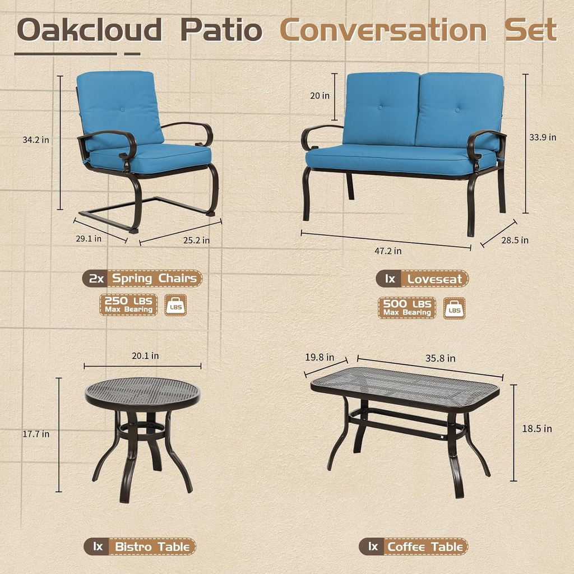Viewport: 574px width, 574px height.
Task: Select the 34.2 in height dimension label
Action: pos(36,140)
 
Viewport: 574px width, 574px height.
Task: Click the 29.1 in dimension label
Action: pos(88,238)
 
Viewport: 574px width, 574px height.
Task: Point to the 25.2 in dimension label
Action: pos(197,240)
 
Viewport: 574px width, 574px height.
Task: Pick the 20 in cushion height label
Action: pos(320,95)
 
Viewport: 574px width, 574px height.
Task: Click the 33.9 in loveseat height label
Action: pos(543,137)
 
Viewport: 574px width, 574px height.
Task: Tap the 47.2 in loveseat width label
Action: pos(388,251)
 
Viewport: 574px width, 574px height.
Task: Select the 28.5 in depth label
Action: pos(515,240)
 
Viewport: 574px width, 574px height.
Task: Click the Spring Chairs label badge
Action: pos(142,278)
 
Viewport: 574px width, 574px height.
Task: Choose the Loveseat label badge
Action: pos(423,279)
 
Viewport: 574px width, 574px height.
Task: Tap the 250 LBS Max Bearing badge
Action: pos(128,305)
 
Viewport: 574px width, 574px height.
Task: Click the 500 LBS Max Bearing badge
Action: pos(406,308)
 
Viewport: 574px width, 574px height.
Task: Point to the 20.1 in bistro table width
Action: pos(145,355)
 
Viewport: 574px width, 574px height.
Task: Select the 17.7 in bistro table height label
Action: pos(36,434)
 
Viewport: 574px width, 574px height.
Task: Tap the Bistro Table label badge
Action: pos(140,547)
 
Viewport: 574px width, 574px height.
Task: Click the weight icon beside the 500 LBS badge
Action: pos(454,308)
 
